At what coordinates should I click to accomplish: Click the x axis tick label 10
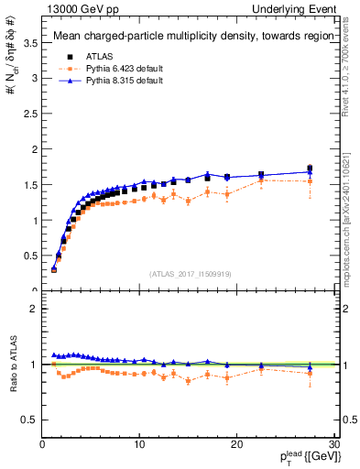click(139, 445)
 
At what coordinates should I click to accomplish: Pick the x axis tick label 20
click(236, 445)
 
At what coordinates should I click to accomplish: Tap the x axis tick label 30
click(333, 445)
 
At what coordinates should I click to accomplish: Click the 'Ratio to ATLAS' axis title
click(12, 365)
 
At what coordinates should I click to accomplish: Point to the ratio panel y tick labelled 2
click(34, 309)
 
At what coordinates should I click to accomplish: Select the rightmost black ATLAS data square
click(310, 169)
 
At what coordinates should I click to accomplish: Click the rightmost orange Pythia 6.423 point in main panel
click(310, 181)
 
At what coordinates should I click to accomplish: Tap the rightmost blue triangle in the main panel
click(310, 171)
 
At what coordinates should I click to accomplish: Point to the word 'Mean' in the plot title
click(70, 37)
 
